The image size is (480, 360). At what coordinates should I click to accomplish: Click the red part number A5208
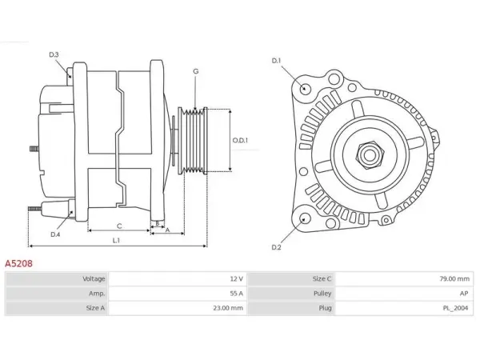point(18,263)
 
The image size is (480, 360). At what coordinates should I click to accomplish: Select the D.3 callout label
point(54,54)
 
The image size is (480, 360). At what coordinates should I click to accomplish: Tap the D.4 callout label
point(55,234)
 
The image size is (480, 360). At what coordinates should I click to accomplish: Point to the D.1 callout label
point(276,61)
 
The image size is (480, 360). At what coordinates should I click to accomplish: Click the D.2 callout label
point(276,247)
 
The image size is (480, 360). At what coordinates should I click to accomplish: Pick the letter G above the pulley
point(196,71)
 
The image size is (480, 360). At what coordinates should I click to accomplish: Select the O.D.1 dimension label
point(240,141)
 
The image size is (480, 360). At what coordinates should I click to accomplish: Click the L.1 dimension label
point(116,240)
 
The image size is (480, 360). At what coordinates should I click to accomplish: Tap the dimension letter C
point(119,226)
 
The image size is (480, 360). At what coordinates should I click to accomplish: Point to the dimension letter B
point(158,223)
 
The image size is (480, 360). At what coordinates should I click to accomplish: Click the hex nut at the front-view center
point(370,154)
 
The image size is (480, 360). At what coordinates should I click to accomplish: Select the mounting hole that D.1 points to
point(304,88)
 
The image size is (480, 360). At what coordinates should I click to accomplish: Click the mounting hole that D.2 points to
point(304,219)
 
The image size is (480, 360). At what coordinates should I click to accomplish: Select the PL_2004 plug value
point(455,308)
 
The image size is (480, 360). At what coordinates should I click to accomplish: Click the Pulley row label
point(322,294)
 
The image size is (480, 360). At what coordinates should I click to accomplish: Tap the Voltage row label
point(94,279)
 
